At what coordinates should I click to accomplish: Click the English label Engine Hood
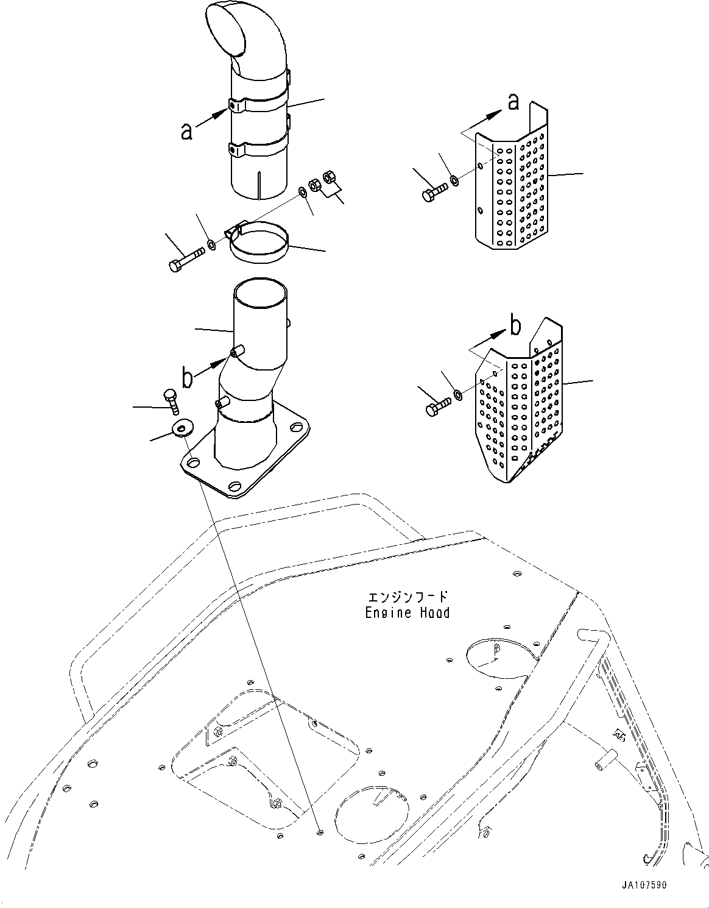point(407,612)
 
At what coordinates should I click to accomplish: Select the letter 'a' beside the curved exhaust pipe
point(187,130)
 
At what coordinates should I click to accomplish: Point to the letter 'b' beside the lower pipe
point(188,378)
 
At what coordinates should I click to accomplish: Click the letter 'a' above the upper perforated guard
point(513,102)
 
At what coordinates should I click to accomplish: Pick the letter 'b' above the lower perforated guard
point(515,327)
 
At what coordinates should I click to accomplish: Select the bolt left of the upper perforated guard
point(433,192)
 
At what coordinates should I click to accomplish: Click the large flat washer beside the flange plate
point(181,428)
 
